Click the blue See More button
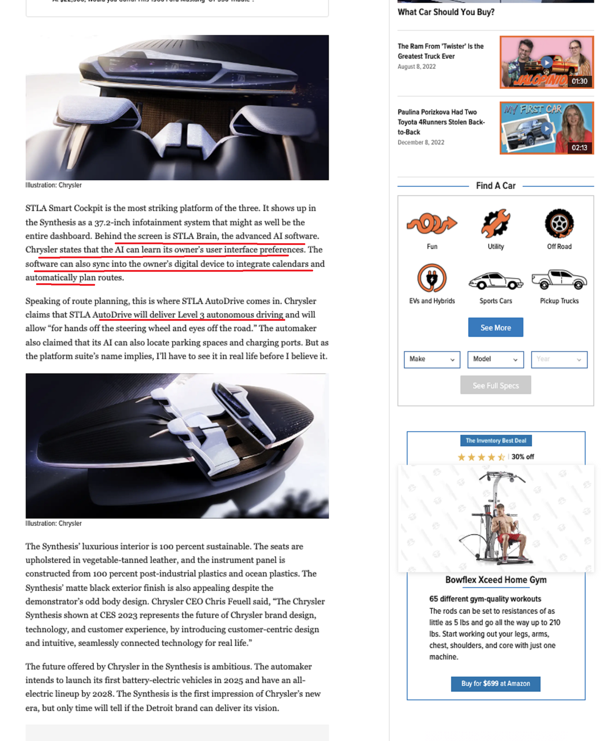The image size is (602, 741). coord(495,327)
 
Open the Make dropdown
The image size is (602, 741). coord(432,359)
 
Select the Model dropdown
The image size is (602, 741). coord(495,359)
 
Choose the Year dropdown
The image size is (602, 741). coord(559,359)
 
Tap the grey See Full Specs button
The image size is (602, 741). coord(495,385)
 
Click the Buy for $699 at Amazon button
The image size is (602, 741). coord(495,683)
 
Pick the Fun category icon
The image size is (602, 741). coord(432,224)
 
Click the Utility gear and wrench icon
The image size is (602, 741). coord(495,224)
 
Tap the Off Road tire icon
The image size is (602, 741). coord(559,224)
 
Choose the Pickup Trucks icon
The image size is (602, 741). coord(559,280)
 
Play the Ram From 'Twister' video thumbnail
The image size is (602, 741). coord(547,63)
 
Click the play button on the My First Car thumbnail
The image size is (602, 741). coord(547,128)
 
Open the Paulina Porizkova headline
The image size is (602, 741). coord(441,122)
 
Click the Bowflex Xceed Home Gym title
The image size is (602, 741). coord(496,580)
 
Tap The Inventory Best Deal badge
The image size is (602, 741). coord(496,441)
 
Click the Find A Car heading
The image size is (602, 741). coord(495,186)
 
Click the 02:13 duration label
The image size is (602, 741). coord(579,148)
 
